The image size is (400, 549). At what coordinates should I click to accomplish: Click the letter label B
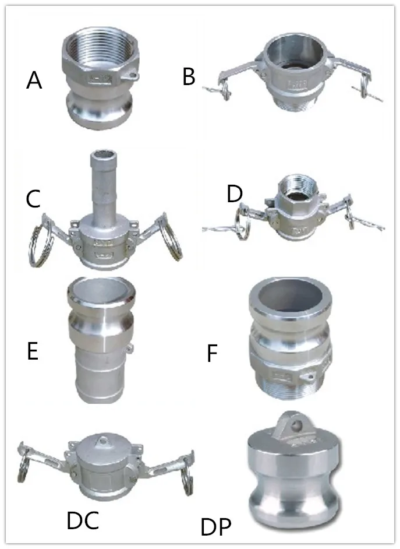[x=189, y=76]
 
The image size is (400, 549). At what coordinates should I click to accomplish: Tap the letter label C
[x=33, y=199]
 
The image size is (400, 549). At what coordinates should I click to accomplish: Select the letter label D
[x=234, y=194]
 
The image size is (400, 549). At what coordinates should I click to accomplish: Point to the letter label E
[x=33, y=352]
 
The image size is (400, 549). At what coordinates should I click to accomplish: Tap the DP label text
[x=216, y=529]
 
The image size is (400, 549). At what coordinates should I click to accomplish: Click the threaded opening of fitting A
[x=98, y=48]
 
